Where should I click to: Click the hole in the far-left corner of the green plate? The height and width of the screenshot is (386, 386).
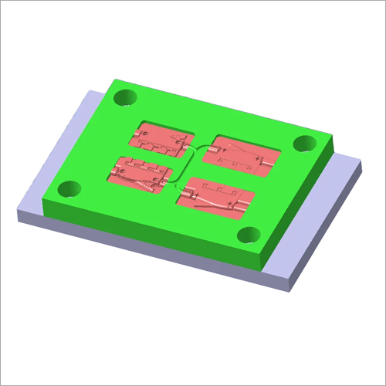[x=124, y=98]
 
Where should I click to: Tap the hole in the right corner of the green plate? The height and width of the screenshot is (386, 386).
[x=306, y=143]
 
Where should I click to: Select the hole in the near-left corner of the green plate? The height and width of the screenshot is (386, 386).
[x=71, y=188]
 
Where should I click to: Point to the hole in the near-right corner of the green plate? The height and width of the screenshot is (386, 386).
[x=249, y=235]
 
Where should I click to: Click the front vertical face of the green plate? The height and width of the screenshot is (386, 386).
[x=154, y=239]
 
